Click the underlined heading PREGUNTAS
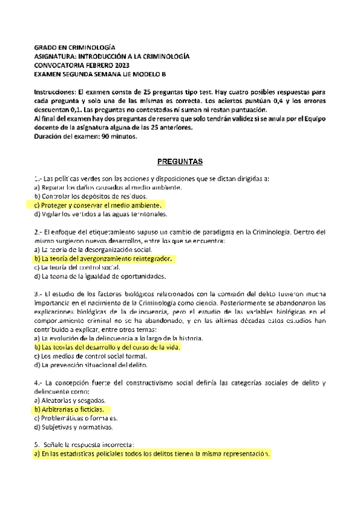pos(180,162)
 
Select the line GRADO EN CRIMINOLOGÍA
pos(75,46)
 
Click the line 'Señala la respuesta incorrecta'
pos(88,445)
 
